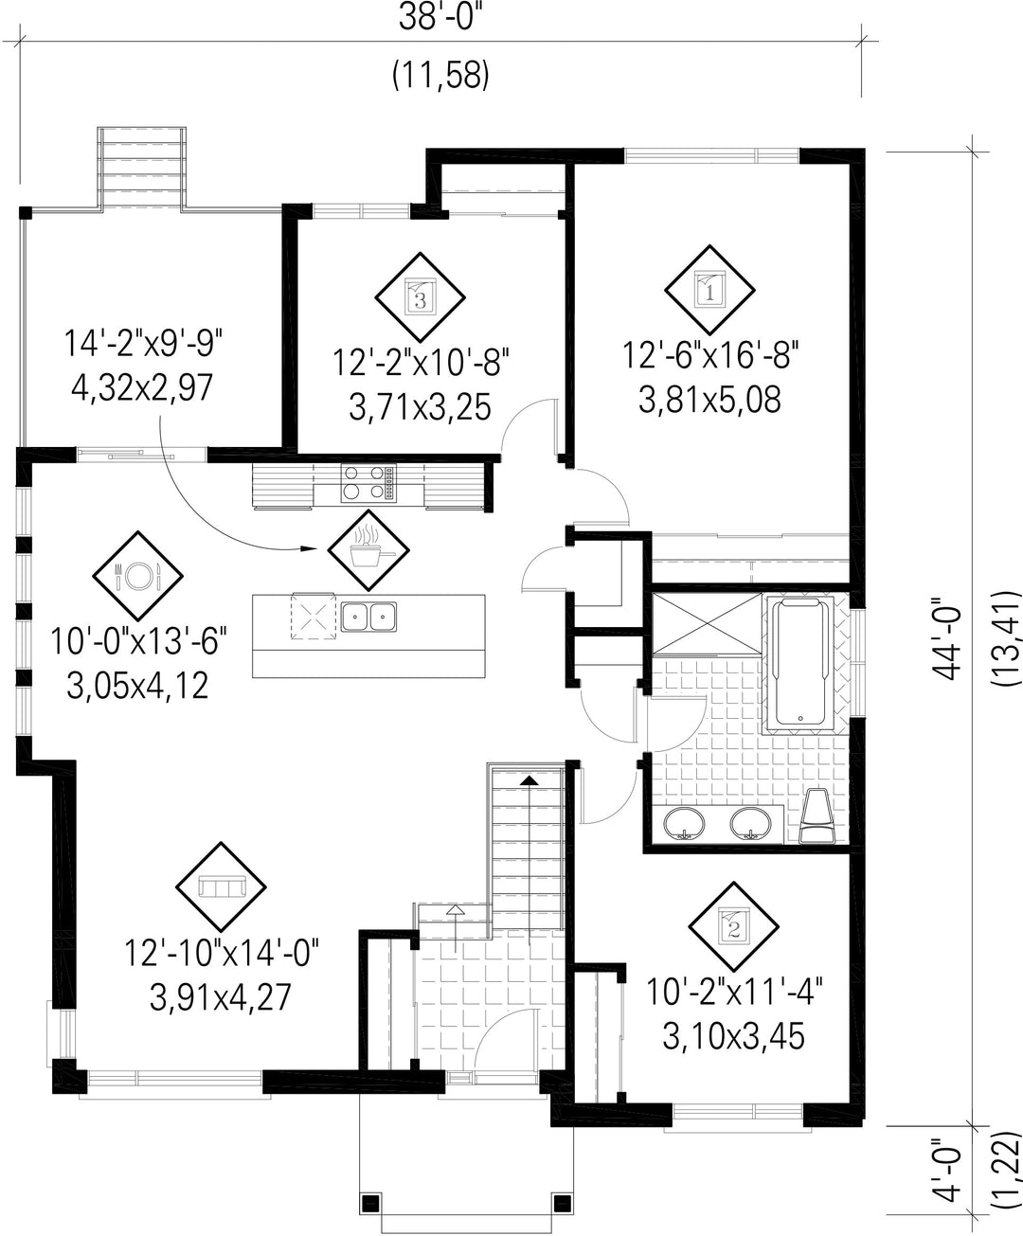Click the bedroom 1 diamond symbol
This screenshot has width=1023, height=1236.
[709, 290]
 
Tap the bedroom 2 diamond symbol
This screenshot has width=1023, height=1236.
[733, 927]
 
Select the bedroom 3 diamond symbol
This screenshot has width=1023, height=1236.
[420, 297]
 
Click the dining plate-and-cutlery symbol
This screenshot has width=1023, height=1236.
[137, 576]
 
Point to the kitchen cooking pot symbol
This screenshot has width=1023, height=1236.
[368, 550]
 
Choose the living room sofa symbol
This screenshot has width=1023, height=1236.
[221, 887]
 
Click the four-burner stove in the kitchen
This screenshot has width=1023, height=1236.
[368, 484]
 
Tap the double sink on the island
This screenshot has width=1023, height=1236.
[368, 618]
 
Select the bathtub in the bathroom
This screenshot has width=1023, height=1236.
[800, 662]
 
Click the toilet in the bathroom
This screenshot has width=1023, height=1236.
[817, 815]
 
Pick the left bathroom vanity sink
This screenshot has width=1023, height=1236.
[684, 823]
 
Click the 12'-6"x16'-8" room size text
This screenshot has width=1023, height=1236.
[709, 355]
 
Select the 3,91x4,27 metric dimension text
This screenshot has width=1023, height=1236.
[220, 997]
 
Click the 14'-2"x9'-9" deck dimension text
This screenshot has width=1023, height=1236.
[143, 344]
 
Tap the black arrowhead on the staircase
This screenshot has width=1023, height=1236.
[529, 780]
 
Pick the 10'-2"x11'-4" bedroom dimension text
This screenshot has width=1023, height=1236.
[734, 993]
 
